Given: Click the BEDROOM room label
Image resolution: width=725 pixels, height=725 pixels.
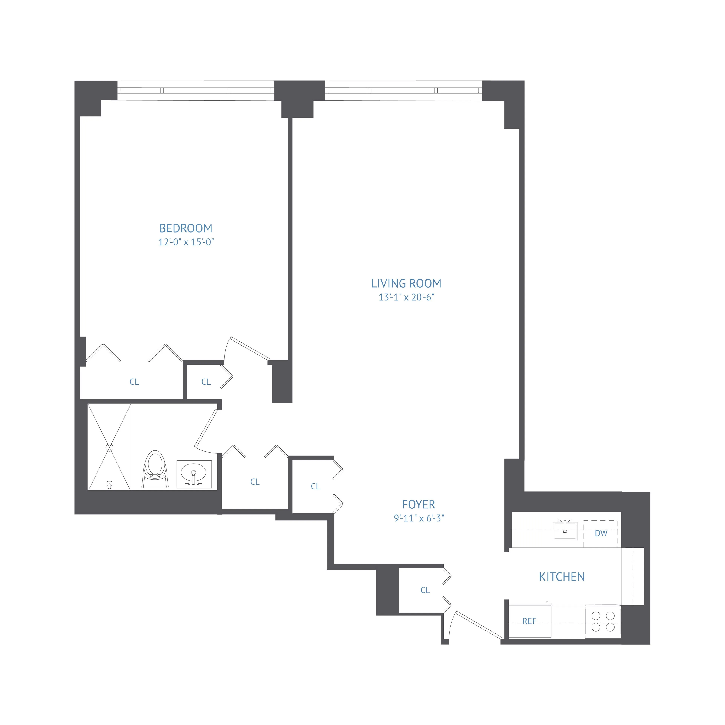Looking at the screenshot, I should click(x=186, y=228).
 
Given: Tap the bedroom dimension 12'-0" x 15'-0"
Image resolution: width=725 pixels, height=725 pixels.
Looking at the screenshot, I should click(x=186, y=242).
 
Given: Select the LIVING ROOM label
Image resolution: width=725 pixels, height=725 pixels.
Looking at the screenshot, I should click(x=406, y=283).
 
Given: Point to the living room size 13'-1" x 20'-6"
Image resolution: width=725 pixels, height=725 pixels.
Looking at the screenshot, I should click(x=406, y=297).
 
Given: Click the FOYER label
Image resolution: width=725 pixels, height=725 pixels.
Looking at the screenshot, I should click(x=418, y=504).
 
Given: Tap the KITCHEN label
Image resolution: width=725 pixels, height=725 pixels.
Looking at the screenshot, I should click(x=561, y=577).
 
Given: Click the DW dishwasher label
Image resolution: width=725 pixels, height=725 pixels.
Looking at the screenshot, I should click(x=601, y=533).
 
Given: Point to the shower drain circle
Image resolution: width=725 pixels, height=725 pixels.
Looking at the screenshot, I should click(x=109, y=447).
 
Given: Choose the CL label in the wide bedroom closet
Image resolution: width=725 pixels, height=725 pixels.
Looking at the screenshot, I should click(x=134, y=382).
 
